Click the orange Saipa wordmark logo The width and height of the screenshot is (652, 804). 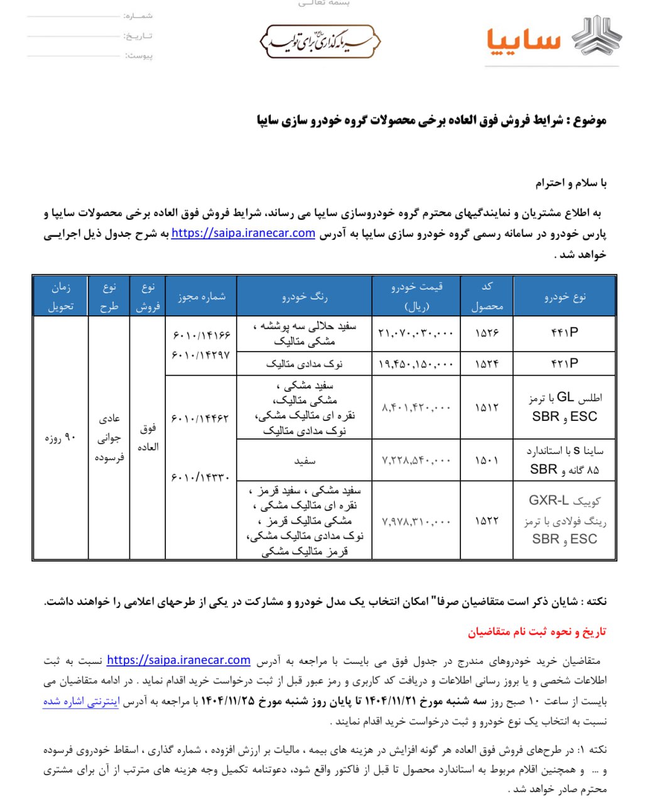point(523,40)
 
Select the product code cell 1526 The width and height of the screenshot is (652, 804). point(487,333)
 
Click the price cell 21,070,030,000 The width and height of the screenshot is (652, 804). point(416,333)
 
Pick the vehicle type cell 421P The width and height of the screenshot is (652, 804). point(564,363)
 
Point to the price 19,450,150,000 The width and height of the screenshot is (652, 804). point(416,364)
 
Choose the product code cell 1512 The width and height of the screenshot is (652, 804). point(487,407)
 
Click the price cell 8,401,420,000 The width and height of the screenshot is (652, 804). point(416,407)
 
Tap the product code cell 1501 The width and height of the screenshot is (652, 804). point(487,460)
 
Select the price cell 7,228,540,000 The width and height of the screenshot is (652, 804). point(416,460)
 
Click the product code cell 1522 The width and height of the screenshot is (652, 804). point(487,520)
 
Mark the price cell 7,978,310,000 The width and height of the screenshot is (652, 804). point(416,520)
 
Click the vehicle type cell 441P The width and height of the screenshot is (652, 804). point(564,333)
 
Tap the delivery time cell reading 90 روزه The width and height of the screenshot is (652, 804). point(60,437)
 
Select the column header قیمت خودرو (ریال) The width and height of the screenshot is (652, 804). point(416,296)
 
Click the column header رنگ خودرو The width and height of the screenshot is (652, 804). point(304,296)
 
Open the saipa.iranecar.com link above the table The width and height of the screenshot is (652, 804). point(243,233)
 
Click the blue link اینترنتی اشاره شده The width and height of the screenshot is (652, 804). point(81,702)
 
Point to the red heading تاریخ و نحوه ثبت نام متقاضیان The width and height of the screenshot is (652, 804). point(536,631)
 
